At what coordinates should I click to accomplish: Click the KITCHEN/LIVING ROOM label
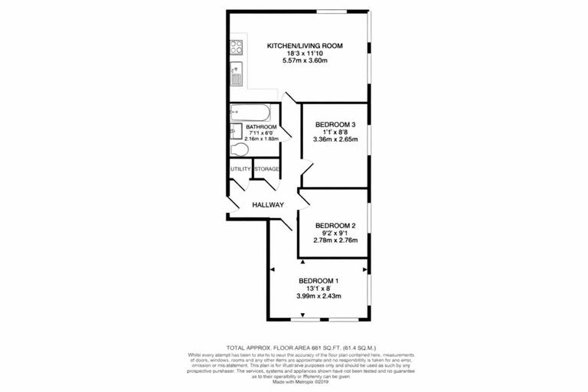tap(304, 46)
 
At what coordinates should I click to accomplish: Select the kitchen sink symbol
tap(237, 76)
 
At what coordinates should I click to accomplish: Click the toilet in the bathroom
tap(239, 149)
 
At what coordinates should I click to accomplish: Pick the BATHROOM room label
tap(261, 127)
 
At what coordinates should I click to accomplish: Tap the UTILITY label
tap(240, 168)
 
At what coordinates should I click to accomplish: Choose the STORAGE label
tap(266, 168)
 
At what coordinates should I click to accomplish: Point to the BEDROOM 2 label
tap(335, 225)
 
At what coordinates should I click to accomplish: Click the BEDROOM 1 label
tap(318, 280)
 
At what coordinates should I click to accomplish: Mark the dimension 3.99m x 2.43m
tap(318, 296)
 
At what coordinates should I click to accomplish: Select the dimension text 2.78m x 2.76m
tap(335, 240)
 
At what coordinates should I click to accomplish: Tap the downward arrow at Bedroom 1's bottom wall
tap(303, 315)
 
